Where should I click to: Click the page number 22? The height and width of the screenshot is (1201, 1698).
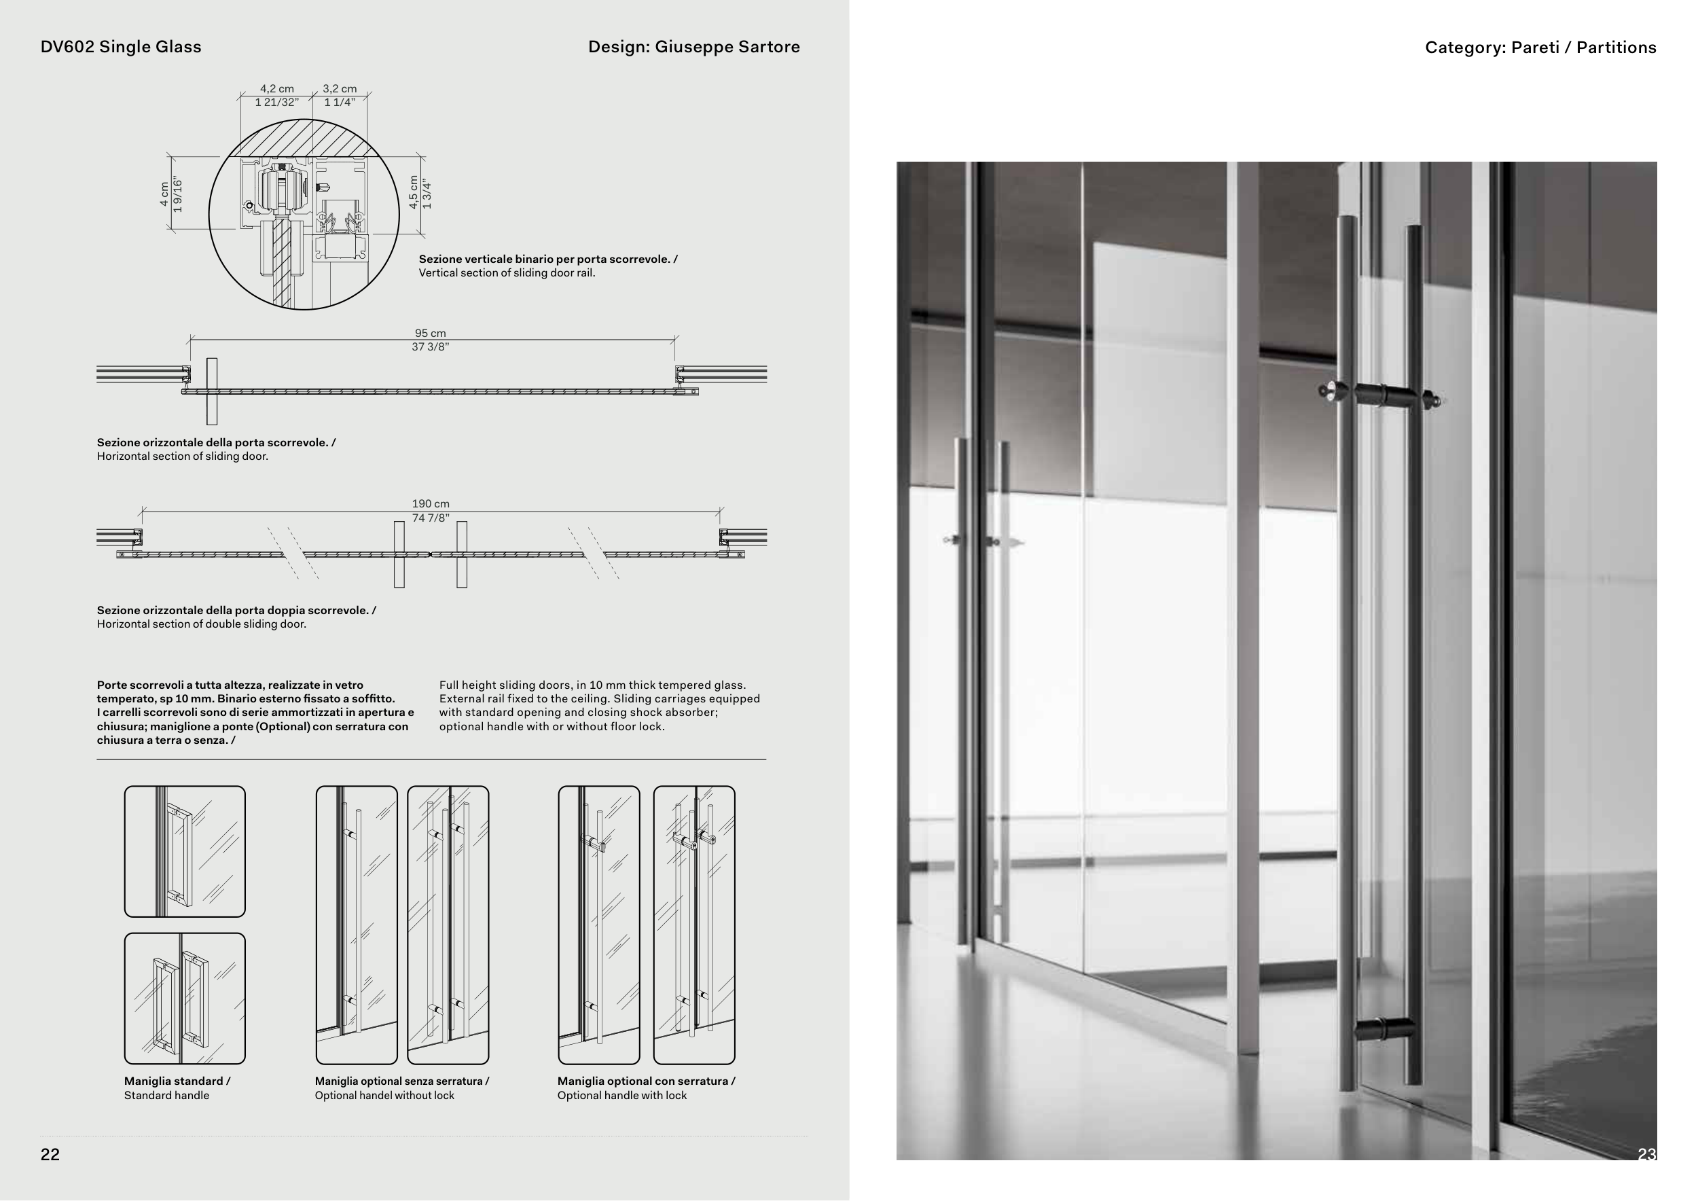click(x=50, y=1154)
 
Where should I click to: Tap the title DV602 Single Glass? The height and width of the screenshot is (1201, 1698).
click(x=120, y=47)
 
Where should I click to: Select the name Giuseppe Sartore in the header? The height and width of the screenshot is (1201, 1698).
click(x=727, y=47)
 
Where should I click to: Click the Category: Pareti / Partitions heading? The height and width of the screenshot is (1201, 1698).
click(x=1540, y=48)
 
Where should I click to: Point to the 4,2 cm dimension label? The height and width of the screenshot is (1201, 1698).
click(x=276, y=89)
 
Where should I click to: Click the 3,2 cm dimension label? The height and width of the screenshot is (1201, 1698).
click(x=340, y=89)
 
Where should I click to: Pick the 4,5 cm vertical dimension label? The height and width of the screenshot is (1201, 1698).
click(x=414, y=193)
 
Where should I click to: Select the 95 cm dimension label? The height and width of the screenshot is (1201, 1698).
click(x=431, y=334)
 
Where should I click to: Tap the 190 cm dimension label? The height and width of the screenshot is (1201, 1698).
click(x=431, y=503)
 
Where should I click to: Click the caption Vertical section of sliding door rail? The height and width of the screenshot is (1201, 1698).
click(x=507, y=273)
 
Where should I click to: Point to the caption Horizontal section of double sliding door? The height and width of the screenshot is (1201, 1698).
click(x=201, y=624)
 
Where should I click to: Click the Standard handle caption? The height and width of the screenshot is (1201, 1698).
click(x=166, y=1095)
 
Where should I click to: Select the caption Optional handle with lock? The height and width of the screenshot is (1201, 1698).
click(x=622, y=1095)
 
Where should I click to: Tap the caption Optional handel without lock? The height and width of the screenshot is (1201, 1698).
click(x=384, y=1095)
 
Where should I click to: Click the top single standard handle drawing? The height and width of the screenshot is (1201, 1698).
click(x=184, y=851)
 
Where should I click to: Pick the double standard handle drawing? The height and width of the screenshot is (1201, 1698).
click(x=184, y=999)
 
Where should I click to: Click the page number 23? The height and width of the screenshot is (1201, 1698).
click(x=1646, y=1154)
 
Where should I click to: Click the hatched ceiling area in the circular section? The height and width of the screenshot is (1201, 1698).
click(x=304, y=139)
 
